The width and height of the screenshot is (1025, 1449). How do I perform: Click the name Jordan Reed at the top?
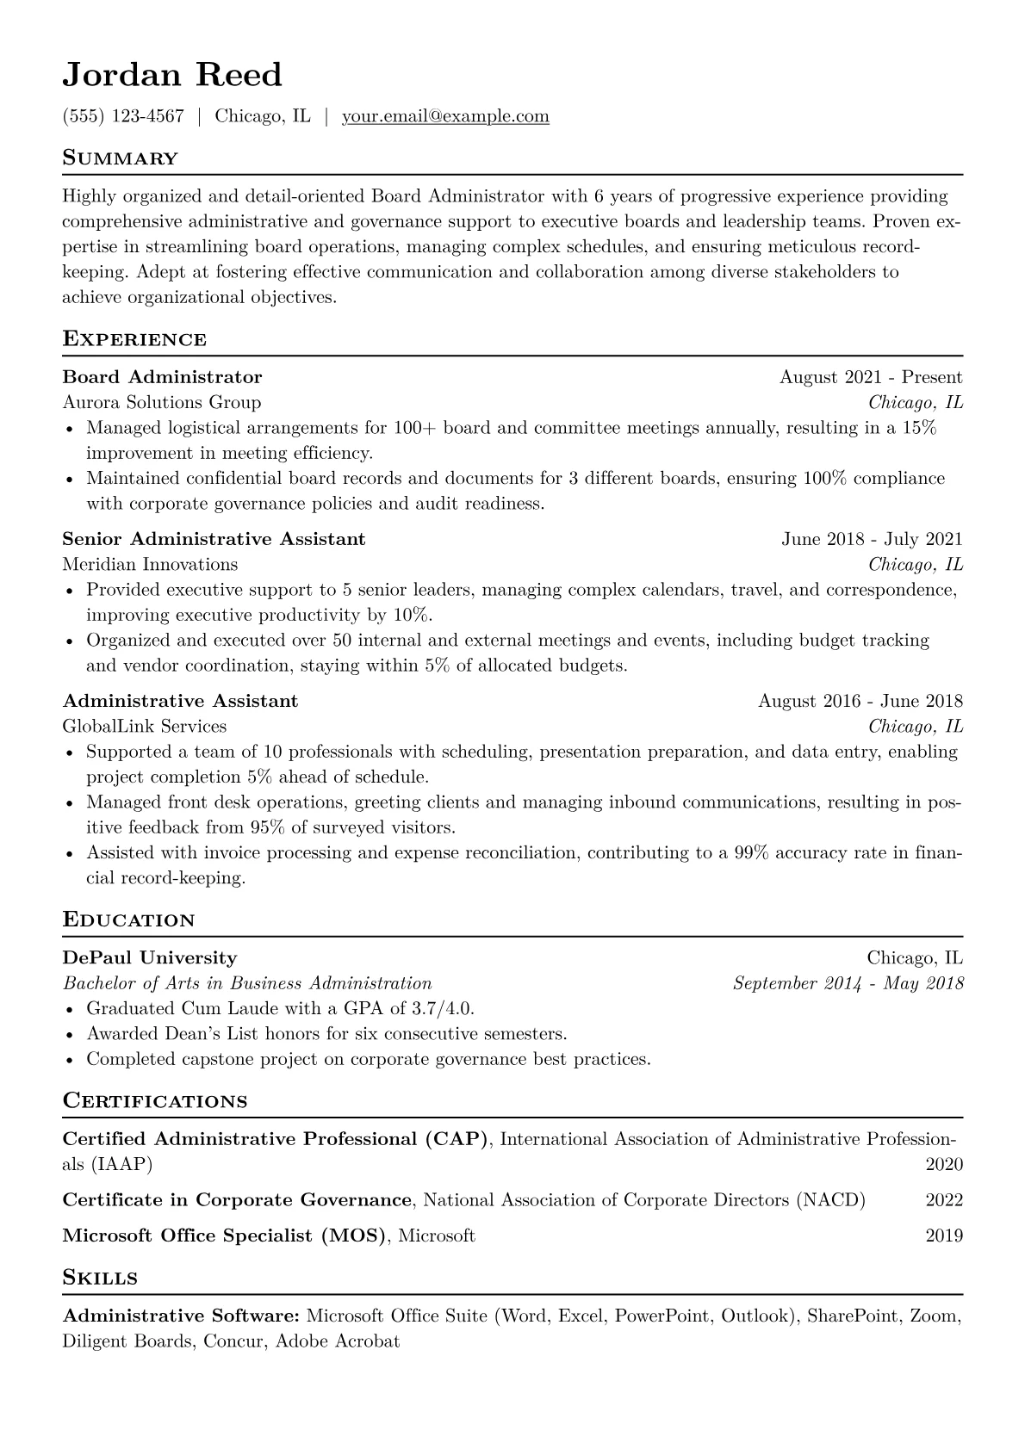pos(172,75)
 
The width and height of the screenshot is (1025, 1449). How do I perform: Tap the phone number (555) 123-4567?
pos(123,116)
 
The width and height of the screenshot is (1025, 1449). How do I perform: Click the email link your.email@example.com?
pos(445,116)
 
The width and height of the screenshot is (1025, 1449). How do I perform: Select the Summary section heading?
pos(120,158)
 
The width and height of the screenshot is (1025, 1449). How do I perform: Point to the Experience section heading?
pos(134,339)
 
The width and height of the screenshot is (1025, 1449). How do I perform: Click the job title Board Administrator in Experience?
pos(162,377)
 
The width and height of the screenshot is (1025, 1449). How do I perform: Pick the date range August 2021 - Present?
pos(871,377)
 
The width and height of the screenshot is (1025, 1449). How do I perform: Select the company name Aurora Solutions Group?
pos(162,402)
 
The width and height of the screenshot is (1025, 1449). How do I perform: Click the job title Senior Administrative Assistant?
pos(214,539)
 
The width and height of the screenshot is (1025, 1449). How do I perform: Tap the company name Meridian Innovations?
pos(150,565)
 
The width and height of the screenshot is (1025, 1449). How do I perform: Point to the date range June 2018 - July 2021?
pos(872,539)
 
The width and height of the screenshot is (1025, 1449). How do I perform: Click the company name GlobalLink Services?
pos(145,727)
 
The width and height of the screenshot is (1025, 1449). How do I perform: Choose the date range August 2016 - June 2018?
pos(860,701)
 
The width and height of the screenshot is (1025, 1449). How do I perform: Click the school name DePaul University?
pos(150,957)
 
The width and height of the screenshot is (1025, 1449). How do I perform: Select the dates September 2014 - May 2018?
pos(848,983)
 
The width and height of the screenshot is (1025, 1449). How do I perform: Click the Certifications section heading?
pos(155,1101)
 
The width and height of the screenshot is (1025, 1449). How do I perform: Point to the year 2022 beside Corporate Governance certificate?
pos(944,1200)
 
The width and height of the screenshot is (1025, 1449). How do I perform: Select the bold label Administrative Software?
pos(181,1316)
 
